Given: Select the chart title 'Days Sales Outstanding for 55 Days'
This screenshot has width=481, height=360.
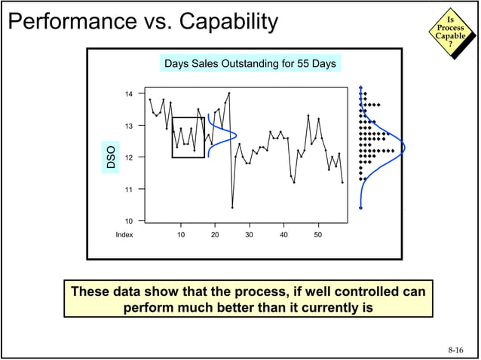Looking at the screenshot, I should click(x=250, y=63).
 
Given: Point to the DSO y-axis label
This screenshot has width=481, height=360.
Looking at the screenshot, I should click(x=111, y=157).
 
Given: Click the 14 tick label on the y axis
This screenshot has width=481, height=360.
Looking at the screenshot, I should click(x=129, y=94).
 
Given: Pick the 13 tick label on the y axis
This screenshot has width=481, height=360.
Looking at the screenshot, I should click(x=129, y=126).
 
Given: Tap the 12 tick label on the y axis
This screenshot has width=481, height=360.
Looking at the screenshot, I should click(x=129, y=157).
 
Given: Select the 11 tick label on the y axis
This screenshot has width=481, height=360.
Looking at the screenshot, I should click(x=129, y=189).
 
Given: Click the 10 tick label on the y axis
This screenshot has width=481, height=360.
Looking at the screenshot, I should click(x=129, y=221).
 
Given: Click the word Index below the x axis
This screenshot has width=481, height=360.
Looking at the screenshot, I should click(x=124, y=235).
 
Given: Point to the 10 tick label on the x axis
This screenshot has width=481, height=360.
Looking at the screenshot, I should click(x=181, y=235).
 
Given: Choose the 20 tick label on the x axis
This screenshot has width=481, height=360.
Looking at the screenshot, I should click(x=215, y=235).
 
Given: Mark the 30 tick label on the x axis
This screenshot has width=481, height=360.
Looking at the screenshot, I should click(x=250, y=235).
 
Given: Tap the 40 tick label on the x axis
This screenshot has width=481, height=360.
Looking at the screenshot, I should click(x=283, y=235).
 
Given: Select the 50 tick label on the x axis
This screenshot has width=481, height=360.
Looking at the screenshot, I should click(x=318, y=235).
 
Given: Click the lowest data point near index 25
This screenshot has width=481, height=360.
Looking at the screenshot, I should click(x=232, y=207).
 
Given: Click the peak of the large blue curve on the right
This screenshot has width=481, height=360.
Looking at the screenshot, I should click(x=404, y=148).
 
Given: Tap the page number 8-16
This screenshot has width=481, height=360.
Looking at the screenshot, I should click(x=455, y=349).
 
